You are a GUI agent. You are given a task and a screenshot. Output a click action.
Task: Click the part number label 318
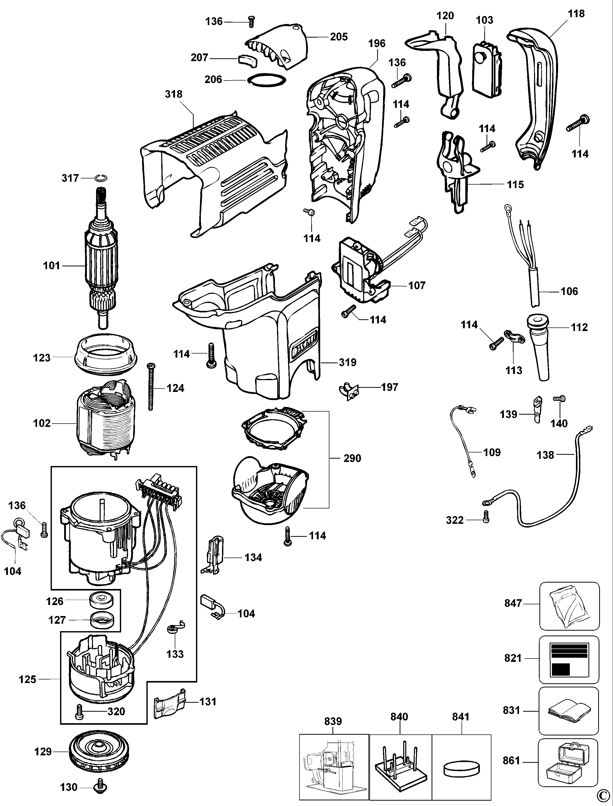tap(174, 94)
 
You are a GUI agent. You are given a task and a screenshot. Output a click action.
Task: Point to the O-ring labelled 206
tap(267, 80)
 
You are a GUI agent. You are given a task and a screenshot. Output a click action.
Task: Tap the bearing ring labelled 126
tap(100, 601)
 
